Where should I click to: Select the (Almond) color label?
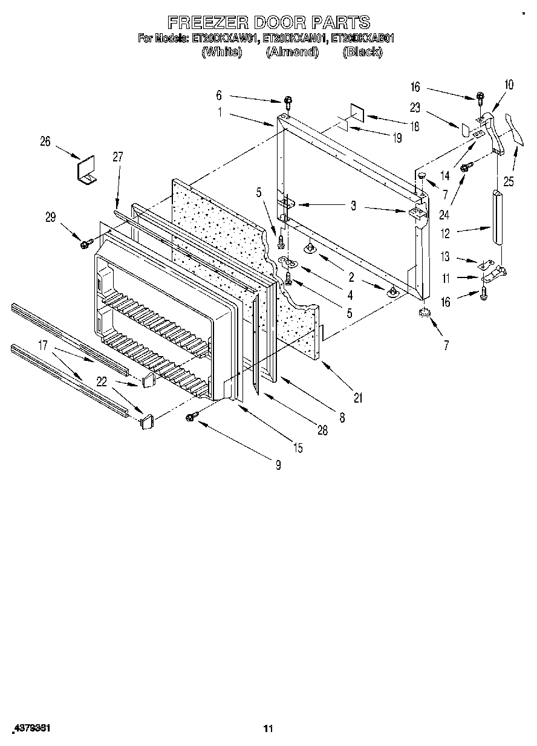click(292, 52)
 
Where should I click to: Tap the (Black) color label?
click(362, 52)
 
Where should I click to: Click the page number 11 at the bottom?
click(268, 728)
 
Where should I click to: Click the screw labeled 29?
click(85, 244)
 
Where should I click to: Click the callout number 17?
click(42, 346)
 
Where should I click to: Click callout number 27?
click(117, 156)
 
